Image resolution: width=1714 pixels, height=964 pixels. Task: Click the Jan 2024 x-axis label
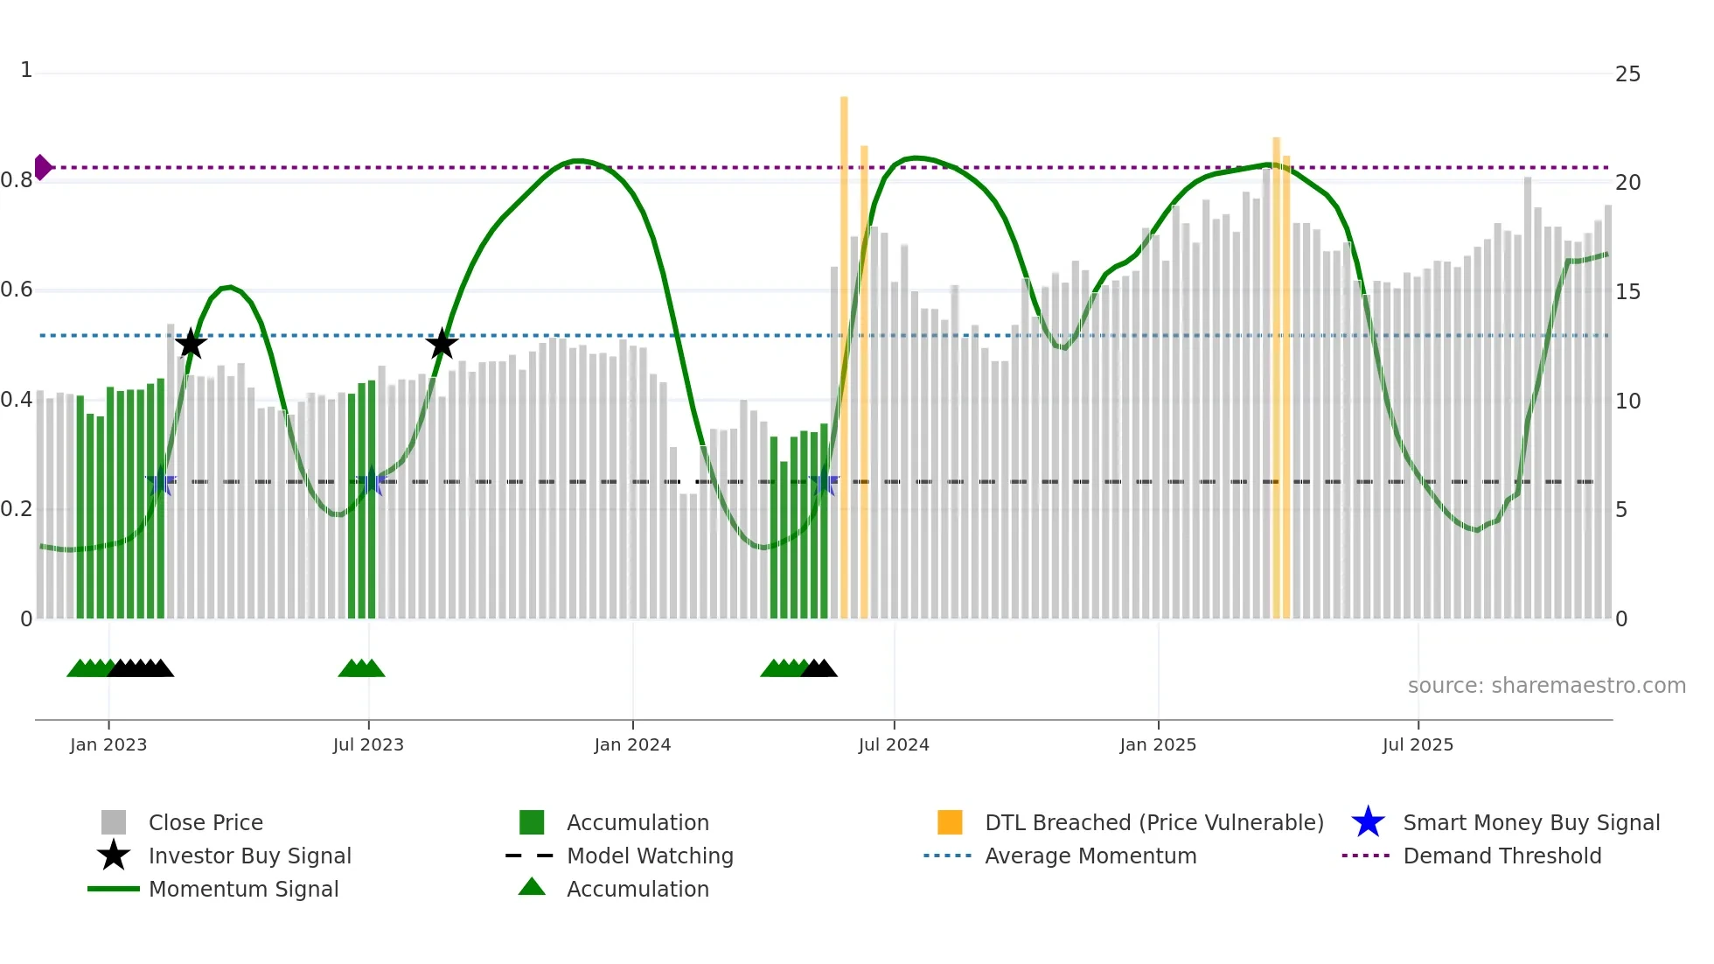coord(632,744)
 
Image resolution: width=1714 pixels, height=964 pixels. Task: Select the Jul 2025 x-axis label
coord(1418,744)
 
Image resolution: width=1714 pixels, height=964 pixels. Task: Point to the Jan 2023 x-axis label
coord(108,744)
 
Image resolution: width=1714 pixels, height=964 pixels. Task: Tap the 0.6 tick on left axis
coord(17,290)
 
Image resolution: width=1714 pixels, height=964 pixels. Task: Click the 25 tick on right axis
coord(1627,74)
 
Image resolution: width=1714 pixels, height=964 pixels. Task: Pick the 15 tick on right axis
coord(1627,292)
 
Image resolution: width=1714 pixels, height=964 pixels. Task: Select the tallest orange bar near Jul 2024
coord(844,350)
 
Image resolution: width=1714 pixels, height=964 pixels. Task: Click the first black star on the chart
coord(191,344)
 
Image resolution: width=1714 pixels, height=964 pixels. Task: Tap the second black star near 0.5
coord(442,344)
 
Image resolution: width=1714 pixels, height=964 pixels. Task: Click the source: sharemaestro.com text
coord(1546,686)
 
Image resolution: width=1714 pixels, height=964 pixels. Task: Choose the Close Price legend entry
coord(206,822)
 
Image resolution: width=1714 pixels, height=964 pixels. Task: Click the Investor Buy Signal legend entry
coord(249,856)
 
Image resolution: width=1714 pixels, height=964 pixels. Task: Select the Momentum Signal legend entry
coord(243,889)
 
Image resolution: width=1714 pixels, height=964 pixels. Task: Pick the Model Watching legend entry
coord(650,856)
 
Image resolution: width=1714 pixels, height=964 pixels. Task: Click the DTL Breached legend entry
coord(1153,822)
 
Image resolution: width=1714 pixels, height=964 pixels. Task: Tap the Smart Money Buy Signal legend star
coord(1368,822)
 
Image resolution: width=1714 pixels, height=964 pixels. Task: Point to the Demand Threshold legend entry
coord(1501,856)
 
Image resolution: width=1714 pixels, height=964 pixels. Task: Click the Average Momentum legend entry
coord(1090,856)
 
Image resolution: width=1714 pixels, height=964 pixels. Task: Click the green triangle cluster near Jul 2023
coord(361,668)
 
